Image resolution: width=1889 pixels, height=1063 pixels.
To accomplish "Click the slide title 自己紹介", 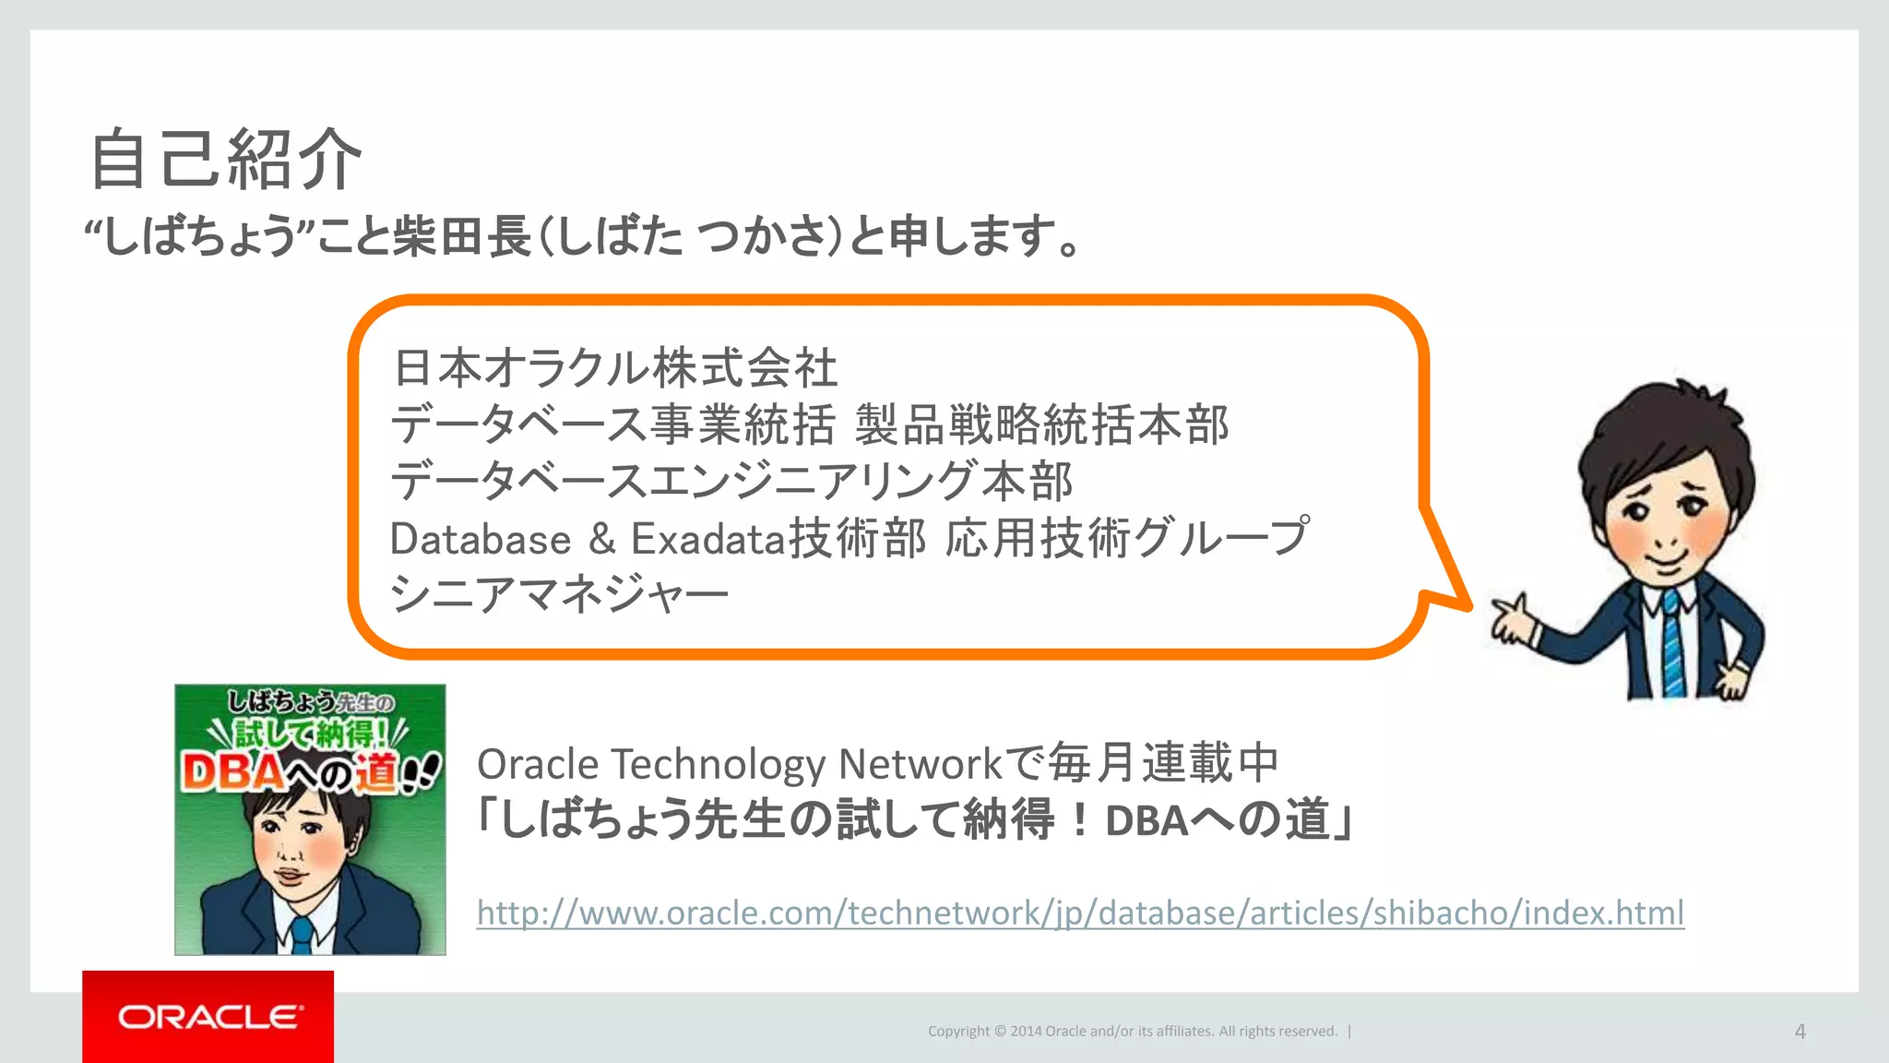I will click(x=226, y=160).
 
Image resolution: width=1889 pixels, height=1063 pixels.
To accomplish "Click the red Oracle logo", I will click(x=208, y=1017).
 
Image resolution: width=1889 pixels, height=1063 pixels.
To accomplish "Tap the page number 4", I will click(x=1800, y=1032).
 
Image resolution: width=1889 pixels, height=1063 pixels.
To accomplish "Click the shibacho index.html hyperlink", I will click(x=1080, y=913).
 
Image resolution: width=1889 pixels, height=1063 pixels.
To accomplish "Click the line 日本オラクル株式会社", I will click(x=615, y=367).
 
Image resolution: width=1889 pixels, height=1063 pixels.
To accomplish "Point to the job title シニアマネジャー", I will click(x=559, y=593).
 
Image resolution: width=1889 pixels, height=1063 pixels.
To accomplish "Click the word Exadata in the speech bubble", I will click(x=707, y=539).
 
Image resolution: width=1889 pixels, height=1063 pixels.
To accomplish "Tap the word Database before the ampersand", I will click(x=481, y=539).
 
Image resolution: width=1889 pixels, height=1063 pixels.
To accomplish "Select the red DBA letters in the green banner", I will click(x=231, y=771).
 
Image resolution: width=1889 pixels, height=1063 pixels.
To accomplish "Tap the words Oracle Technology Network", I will click(x=739, y=764).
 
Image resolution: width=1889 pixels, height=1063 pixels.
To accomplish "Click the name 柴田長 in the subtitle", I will click(x=462, y=235).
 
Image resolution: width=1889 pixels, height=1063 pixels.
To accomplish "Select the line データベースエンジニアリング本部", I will click(x=731, y=481).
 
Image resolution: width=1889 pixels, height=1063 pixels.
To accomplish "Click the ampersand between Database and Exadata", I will click(x=601, y=539).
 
